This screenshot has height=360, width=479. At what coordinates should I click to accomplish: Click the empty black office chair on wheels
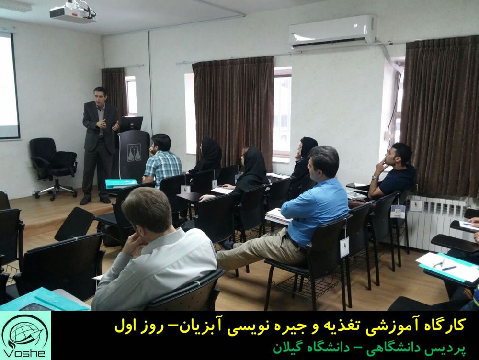(53, 167)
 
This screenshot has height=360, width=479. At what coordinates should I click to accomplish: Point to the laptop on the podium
(131, 124)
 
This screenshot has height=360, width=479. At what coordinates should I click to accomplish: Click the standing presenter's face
(100, 99)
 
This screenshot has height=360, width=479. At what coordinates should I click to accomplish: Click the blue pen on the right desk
(449, 268)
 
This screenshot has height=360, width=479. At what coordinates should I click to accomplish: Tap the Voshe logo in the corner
(25, 335)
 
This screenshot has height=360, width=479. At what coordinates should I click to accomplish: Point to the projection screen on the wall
(10, 86)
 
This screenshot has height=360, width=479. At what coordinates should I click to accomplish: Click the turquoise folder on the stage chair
(121, 183)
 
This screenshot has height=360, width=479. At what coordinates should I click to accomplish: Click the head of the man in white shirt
(147, 210)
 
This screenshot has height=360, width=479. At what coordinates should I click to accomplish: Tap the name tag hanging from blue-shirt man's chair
(344, 247)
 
